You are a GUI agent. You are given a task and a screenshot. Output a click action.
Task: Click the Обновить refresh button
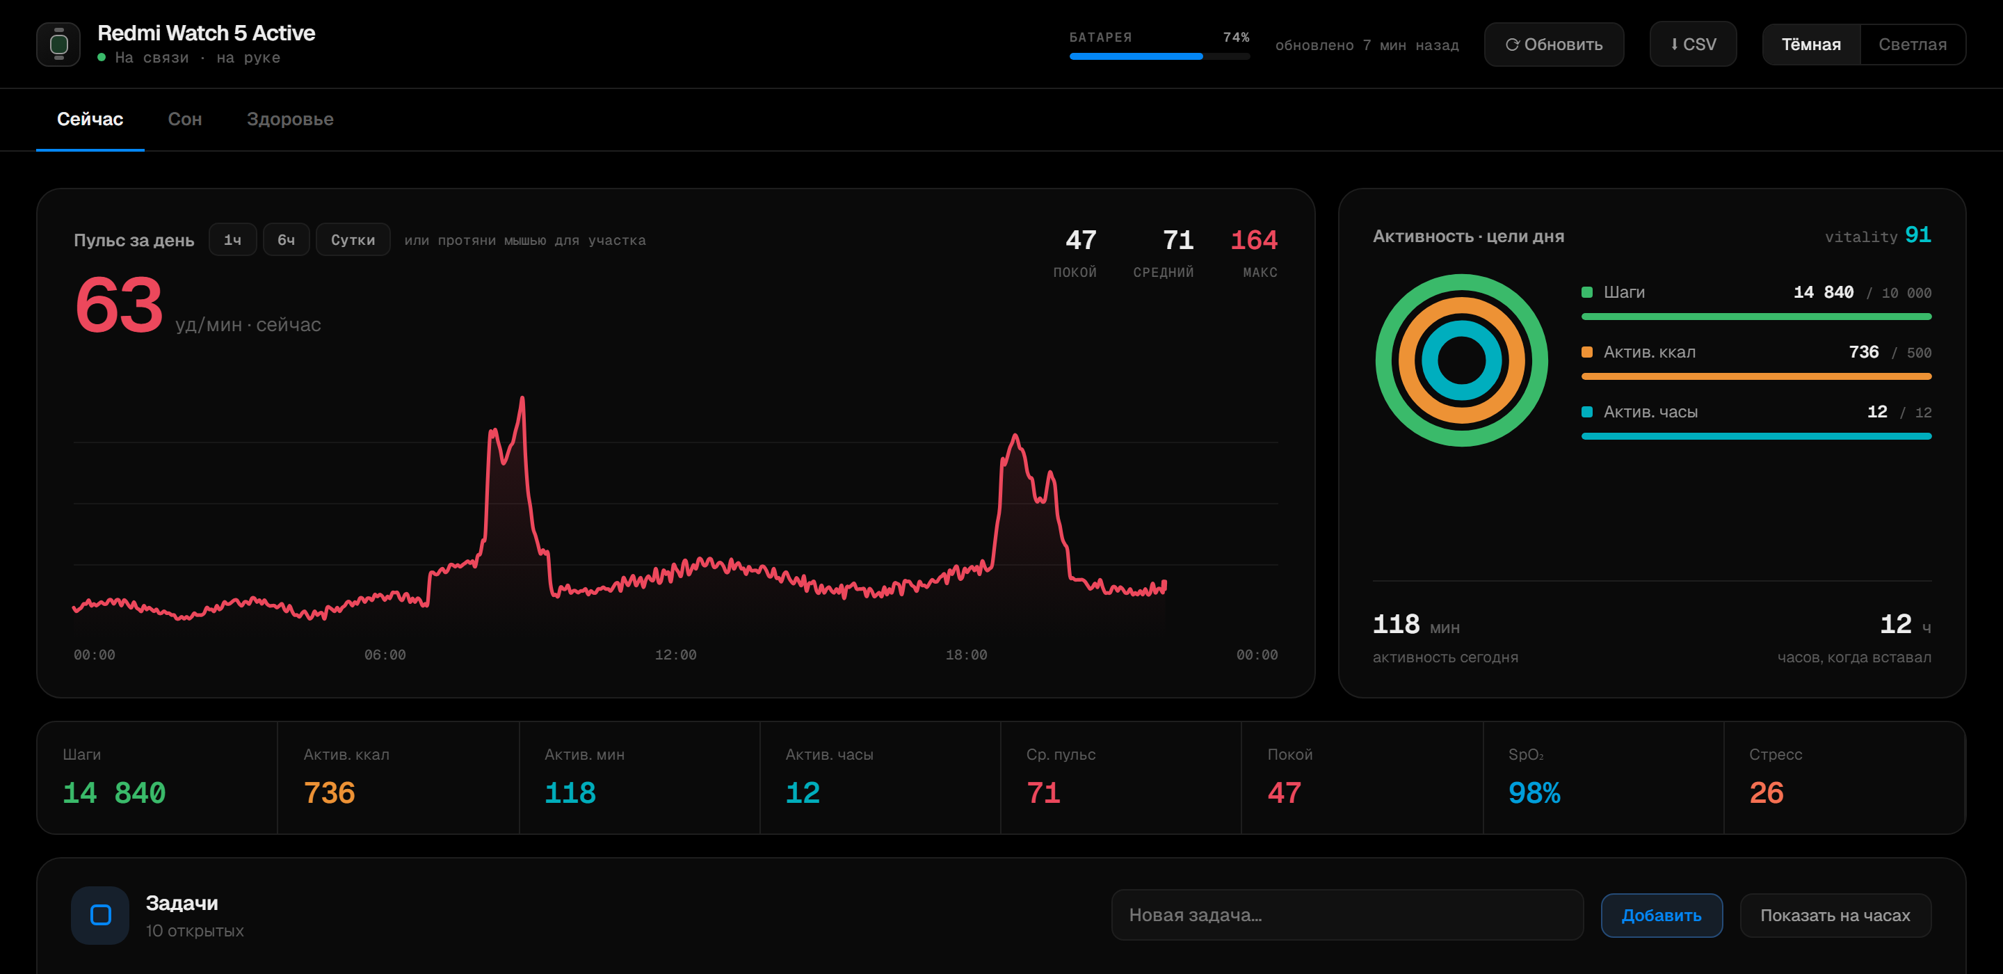(1554, 45)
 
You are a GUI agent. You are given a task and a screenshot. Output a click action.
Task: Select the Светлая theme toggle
(1912, 45)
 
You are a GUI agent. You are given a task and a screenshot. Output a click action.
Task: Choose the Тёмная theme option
(1811, 45)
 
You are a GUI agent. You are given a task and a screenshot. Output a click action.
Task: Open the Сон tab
(185, 119)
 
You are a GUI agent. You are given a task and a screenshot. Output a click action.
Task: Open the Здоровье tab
(290, 119)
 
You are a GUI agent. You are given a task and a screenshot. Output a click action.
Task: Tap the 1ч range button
(232, 239)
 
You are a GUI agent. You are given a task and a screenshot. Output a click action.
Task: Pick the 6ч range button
(286, 239)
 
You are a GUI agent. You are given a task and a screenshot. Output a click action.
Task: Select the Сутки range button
(353, 239)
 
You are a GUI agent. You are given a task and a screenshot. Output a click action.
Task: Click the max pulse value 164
(1253, 239)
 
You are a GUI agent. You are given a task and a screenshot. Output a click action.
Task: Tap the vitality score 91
(1917, 235)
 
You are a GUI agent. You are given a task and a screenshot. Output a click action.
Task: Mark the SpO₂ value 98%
(1534, 792)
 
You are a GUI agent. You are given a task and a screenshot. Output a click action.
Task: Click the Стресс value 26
(1766, 792)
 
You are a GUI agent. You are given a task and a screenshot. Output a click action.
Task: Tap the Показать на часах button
(1835, 915)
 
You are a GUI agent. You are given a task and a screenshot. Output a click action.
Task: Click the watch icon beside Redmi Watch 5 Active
(58, 45)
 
